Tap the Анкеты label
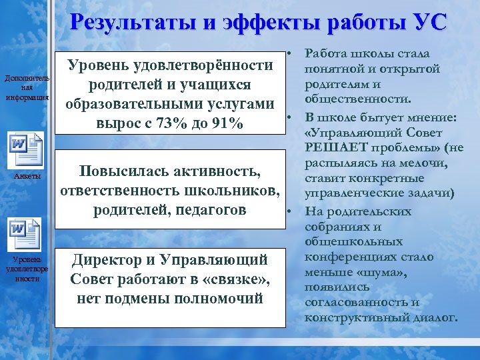pos(27,176)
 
